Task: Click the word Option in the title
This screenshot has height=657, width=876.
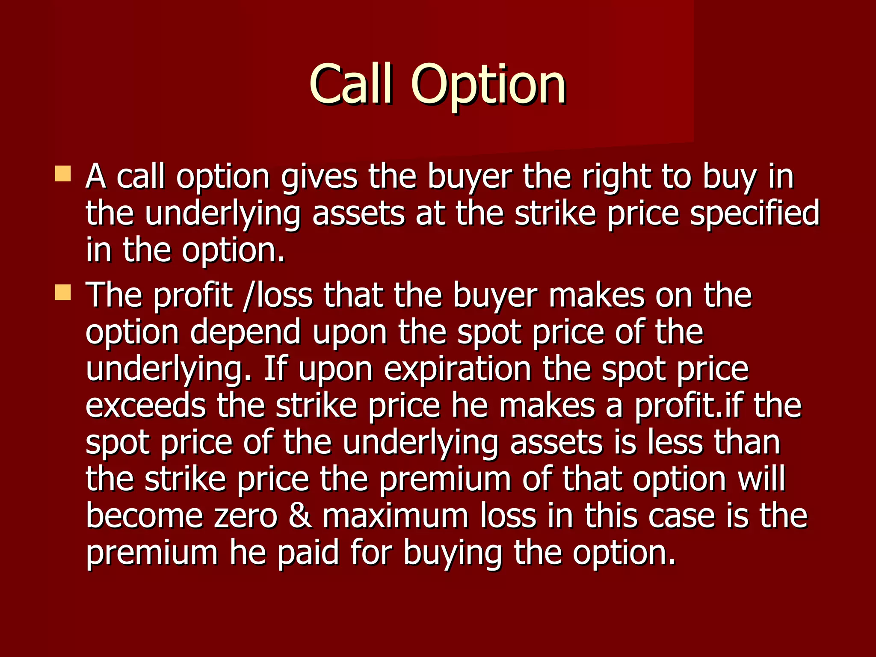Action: point(488,86)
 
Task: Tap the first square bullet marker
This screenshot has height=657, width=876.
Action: point(63,174)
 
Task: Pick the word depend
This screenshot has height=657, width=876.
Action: point(245,333)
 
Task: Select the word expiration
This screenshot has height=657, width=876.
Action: point(457,370)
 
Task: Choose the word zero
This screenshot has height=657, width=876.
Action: point(246,516)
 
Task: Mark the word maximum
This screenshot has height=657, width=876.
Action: point(396,516)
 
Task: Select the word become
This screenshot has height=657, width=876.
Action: point(144,515)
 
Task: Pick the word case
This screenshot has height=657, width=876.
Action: point(682,516)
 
